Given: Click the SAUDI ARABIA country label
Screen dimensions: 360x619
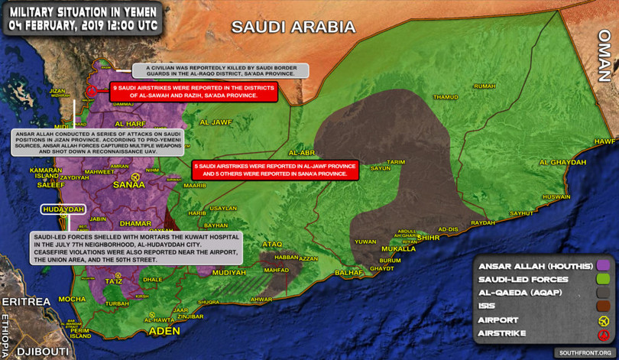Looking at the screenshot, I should (293, 28).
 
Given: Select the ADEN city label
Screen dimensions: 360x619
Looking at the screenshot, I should (164, 331).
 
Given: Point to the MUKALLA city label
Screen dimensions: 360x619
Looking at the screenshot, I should (398, 249).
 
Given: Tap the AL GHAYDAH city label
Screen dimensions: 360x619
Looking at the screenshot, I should (562, 162).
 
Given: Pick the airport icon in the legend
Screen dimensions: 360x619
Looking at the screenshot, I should (604, 320).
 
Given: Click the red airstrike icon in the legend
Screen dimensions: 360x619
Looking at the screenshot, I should (604, 334).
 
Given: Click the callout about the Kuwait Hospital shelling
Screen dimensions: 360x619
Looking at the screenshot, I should (134, 248).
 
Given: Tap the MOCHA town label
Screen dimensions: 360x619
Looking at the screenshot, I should (72, 299).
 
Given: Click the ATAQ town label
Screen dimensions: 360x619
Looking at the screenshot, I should (272, 244).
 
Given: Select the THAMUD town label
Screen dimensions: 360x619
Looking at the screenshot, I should (445, 97).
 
